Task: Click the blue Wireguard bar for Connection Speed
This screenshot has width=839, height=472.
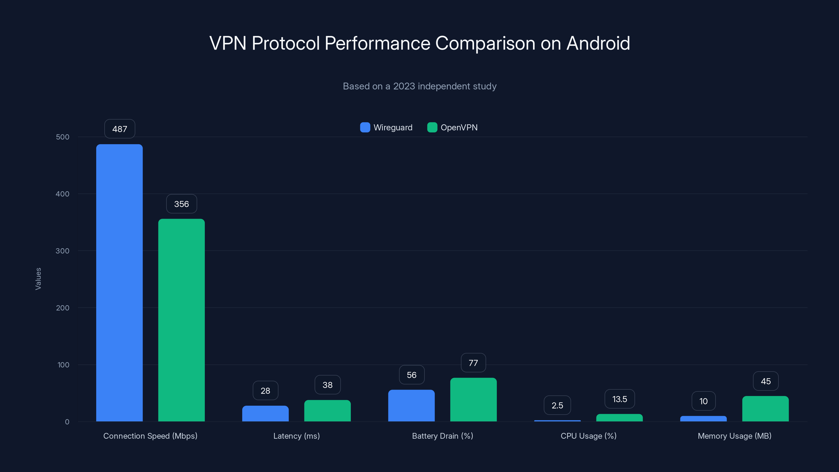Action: coord(119,283)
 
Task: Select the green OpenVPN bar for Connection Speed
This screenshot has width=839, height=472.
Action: coord(181,320)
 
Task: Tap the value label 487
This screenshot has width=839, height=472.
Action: coord(120,129)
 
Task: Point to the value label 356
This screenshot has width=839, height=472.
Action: coord(181,204)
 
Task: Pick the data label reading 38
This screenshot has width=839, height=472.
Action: coord(327,385)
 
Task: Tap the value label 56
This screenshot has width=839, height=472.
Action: coord(411,375)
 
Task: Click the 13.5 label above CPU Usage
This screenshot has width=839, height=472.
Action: coord(620,399)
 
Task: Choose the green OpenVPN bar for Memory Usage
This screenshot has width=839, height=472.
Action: coord(765,409)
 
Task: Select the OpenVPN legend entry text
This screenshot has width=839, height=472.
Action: coord(459,127)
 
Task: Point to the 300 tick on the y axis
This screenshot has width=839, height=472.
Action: coord(63,251)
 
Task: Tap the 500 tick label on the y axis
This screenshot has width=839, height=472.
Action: coord(63,137)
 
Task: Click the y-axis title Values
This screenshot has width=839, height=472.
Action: coord(38,279)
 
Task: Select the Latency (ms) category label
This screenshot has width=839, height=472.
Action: coord(296,436)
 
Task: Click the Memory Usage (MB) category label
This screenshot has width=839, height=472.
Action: coord(734,436)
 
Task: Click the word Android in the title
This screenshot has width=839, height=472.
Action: coord(598,43)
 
